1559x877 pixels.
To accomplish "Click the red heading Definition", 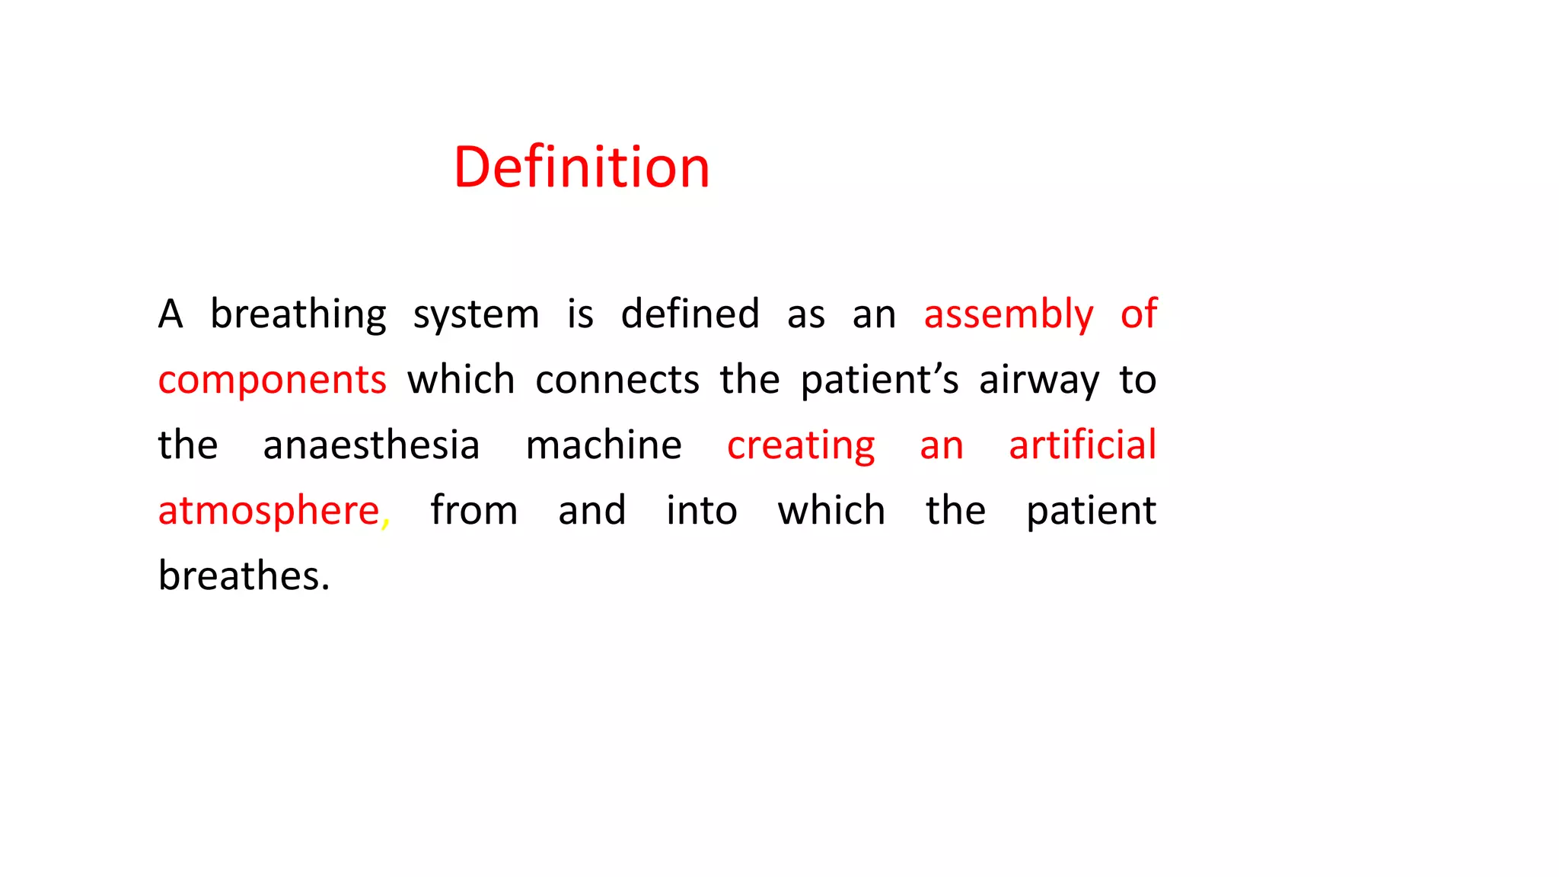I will click(582, 167).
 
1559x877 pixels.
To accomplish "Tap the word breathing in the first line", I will click(298, 314).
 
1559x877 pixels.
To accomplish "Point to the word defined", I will click(690, 313).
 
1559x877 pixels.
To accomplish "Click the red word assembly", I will click(1009, 314).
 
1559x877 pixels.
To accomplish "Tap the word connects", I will click(617, 379).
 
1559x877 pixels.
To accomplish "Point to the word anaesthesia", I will click(371, 445).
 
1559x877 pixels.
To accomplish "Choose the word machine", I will click(604, 445).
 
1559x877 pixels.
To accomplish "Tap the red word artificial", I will click(1082, 445).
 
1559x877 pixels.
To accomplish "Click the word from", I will click(474, 510).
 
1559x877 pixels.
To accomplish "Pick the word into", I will click(702, 510).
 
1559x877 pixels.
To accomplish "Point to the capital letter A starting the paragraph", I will click(171, 314).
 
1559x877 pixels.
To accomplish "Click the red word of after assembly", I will click(1139, 313).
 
